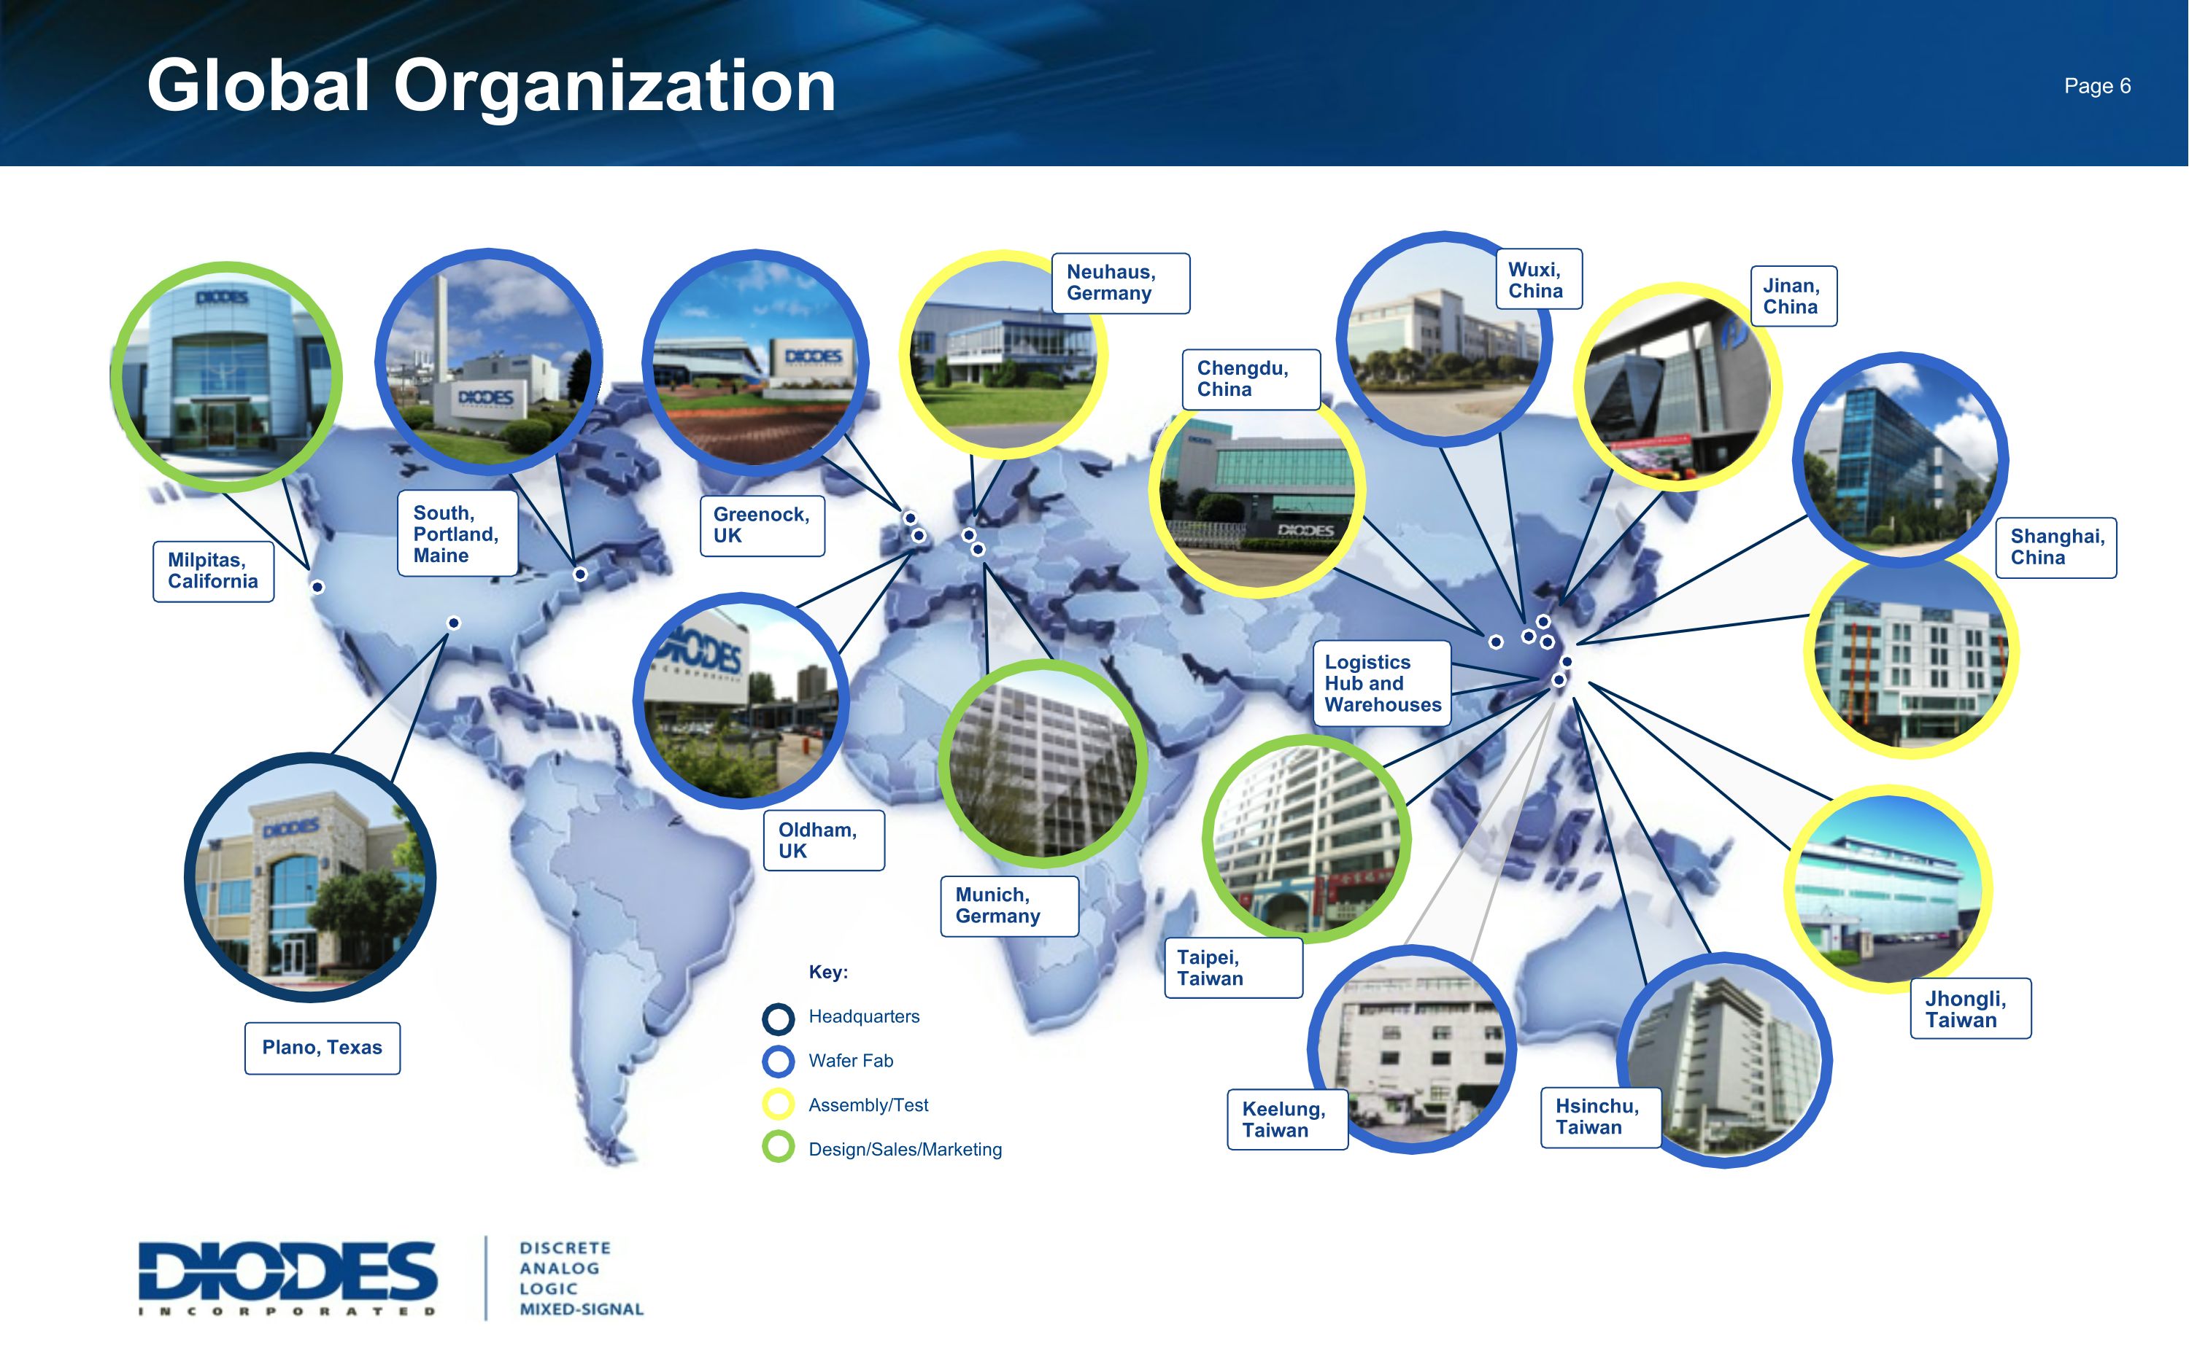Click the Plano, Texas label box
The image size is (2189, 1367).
(322, 1048)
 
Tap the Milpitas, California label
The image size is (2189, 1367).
(214, 572)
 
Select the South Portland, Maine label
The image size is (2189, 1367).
(458, 534)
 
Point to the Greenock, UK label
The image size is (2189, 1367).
(762, 525)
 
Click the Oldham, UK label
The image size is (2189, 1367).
(823, 841)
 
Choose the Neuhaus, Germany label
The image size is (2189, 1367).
(1120, 283)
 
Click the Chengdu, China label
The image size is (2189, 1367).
(1250, 380)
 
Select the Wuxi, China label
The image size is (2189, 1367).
(1537, 280)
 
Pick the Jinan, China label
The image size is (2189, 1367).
(1793, 297)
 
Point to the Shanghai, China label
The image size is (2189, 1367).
(2055, 547)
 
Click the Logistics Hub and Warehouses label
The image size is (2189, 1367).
(1381, 684)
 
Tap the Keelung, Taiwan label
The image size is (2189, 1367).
(1286, 1119)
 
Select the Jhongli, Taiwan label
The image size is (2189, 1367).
(1970, 1009)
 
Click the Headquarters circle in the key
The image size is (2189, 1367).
(778, 1018)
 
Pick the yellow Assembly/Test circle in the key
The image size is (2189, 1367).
(778, 1105)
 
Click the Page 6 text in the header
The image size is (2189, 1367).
(2097, 86)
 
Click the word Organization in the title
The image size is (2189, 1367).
(614, 86)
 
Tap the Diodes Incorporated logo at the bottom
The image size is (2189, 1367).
(287, 1278)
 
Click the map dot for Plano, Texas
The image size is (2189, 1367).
(454, 623)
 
